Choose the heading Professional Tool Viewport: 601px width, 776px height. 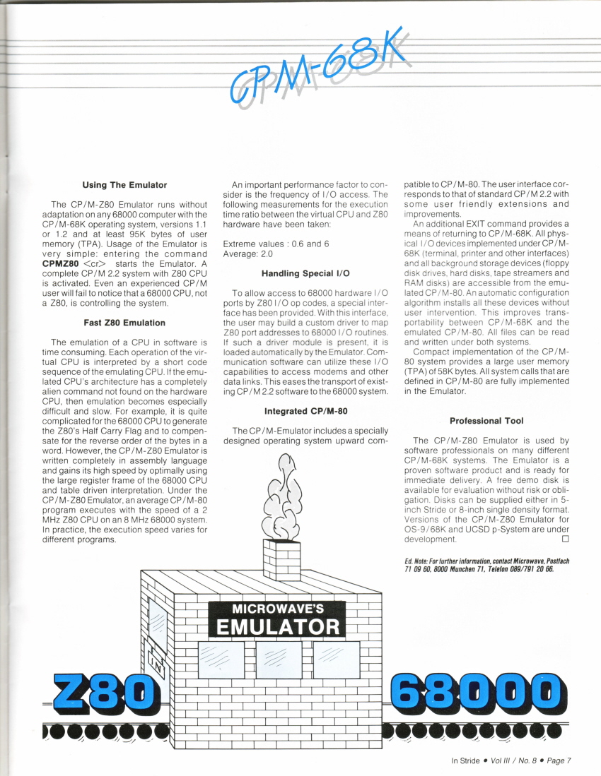pyautogui.click(x=486, y=420)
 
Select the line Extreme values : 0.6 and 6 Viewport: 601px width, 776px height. pyautogui.click(x=268, y=244)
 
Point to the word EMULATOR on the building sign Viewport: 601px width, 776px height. pyautogui.click(x=277, y=627)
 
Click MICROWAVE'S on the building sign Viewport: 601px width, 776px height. pyautogui.click(x=277, y=608)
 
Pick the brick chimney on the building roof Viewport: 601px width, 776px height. pyautogui.click(x=281, y=560)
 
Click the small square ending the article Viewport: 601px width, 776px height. pyautogui.click(x=564, y=539)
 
